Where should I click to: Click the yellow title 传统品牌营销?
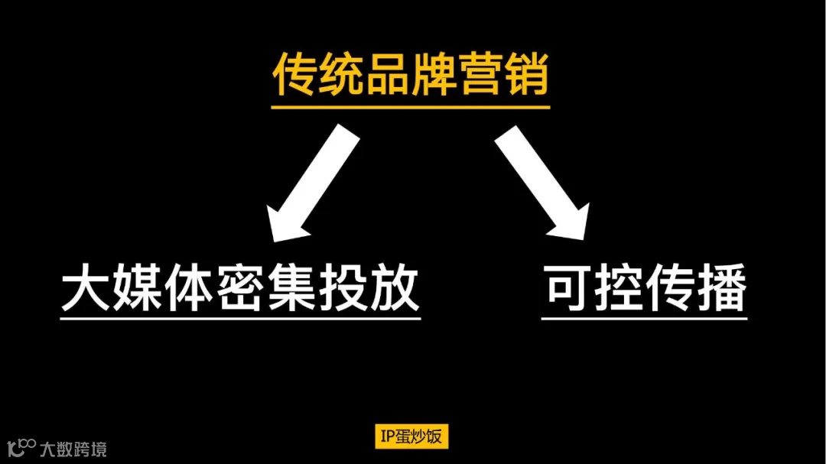coord(411,74)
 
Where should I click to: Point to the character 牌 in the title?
coord(434,74)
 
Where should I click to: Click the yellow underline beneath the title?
coord(411,107)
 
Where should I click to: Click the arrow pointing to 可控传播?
coord(542,183)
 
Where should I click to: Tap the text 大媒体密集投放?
coord(240,287)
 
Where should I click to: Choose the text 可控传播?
coord(645,288)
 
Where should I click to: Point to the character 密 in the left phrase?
coord(240,287)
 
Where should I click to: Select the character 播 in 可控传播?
coord(722,288)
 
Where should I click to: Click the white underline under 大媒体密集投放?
coord(240,317)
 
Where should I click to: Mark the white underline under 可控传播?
coord(645,317)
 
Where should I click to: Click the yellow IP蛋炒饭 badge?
coord(411,436)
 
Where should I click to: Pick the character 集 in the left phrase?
coord(291,287)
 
